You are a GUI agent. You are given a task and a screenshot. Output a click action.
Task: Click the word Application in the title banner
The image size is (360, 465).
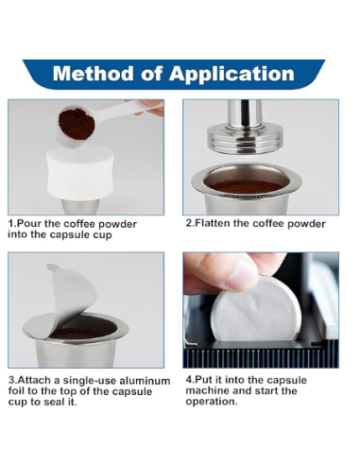[231, 75]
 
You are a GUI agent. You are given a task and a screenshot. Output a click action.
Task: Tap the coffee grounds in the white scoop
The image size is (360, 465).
[77, 123]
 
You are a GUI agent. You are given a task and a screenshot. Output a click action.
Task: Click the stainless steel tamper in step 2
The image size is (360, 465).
[244, 129]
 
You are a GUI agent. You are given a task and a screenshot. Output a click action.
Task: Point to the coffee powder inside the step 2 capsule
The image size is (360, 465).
[246, 186]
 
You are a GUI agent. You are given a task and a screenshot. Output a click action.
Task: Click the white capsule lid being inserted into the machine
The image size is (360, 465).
[256, 313]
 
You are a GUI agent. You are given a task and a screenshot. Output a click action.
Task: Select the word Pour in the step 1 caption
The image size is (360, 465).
[28, 224]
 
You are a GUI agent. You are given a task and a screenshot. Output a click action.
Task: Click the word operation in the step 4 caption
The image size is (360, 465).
[211, 402]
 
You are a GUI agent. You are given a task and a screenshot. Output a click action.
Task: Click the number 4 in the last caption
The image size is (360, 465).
[188, 380]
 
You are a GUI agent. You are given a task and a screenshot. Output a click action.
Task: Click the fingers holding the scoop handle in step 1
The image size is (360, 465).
[151, 106]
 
